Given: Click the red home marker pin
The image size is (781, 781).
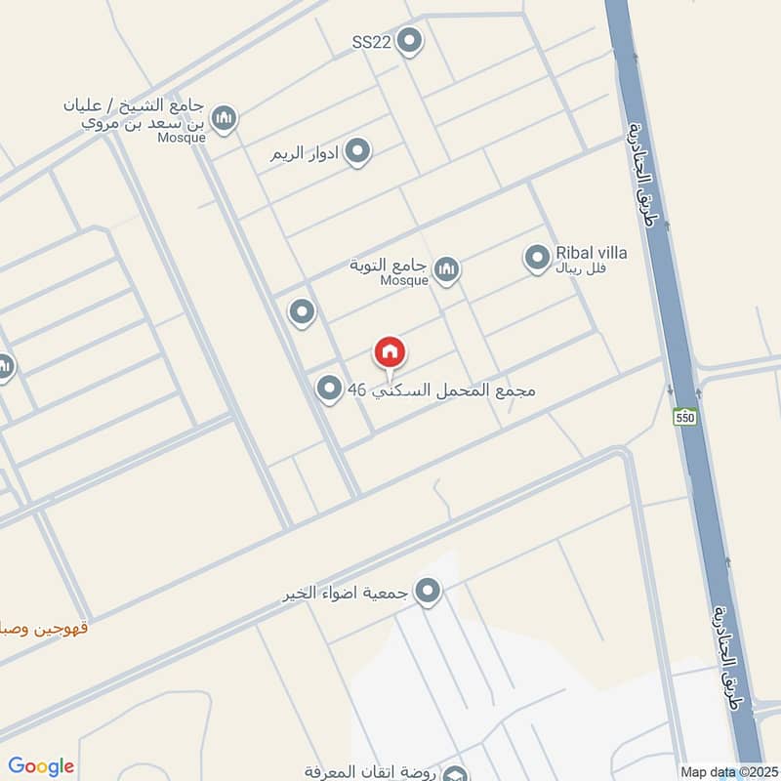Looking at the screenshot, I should [x=390, y=353].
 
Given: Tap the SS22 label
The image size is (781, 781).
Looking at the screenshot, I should [x=371, y=42].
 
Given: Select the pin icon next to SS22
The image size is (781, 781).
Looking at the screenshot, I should [x=411, y=41].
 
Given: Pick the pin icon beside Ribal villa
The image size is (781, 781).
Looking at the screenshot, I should [x=536, y=258].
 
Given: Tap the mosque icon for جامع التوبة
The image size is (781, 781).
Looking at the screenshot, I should [x=447, y=268].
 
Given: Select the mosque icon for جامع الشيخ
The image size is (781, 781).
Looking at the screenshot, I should [x=225, y=118].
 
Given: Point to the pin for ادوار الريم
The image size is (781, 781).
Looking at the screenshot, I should [x=358, y=151].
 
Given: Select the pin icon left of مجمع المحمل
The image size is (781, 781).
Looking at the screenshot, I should [x=329, y=389].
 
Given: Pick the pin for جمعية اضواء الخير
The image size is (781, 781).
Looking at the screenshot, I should [x=427, y=591].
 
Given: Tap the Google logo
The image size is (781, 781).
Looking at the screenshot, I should [x=41, y=766].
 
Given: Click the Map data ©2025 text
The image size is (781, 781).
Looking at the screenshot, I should [x=727, y=771].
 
